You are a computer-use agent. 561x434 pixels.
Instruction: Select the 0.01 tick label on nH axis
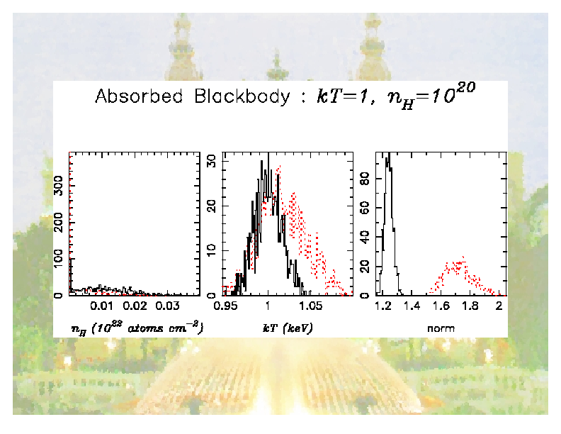click(x=103, y=306)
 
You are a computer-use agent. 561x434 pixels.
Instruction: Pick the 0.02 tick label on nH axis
click(x=135, y=306)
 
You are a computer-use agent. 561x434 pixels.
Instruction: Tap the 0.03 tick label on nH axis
click(x=168, y=306)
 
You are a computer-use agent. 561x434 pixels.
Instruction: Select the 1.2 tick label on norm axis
click(x=385, y=306)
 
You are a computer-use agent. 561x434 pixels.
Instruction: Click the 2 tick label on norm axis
click(x=499, y=306)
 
